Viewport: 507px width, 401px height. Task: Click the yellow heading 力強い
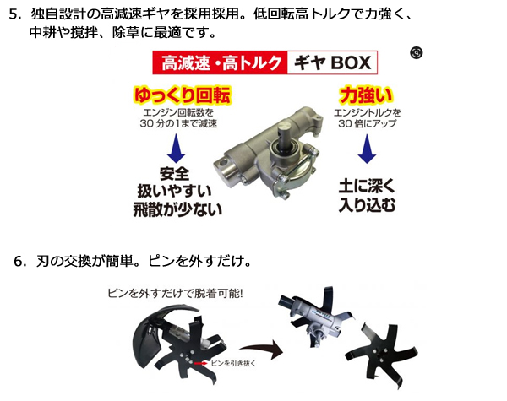pos(364,93)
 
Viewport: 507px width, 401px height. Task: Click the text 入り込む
pos(367,203)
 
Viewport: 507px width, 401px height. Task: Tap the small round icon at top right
pos(415,52)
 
